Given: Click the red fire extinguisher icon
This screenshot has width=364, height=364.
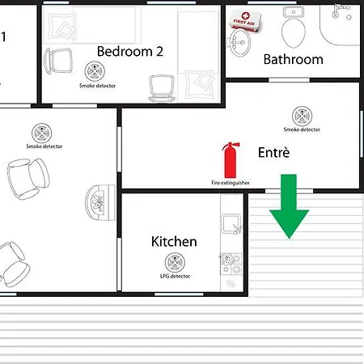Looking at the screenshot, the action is pyautogui.click(x=231, y=159).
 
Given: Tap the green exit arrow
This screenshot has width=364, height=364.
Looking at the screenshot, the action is pyautogui.click(x=289, y=206).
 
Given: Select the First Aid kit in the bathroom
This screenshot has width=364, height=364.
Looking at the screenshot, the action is pyautogui.click(x=245, y=20).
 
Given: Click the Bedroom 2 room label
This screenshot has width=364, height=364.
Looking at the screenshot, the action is pyautogui.click(x=130, y=51).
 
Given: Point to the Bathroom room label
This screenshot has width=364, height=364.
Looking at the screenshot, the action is pyautogui.click(x=293, y=59).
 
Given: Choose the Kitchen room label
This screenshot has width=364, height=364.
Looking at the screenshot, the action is pyautogui.click(x=174, y=241).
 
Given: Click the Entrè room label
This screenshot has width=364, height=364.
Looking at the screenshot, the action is pyautogui.click(x=273, y=152).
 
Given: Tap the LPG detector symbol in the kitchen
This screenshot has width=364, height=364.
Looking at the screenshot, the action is pyautogui.click(x=175, y=262).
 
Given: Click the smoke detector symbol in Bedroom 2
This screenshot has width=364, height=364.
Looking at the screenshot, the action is pyautogui.click(x=95, y=71).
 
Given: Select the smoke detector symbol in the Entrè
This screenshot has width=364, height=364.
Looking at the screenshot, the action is pyautogui.click(x=302, y=116).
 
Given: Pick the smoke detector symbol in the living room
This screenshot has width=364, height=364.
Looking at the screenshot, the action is pyautogui.click(x=42, y=133).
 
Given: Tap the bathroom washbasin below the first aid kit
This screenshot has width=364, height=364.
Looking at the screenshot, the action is pyautogui.click(x=239, y=43).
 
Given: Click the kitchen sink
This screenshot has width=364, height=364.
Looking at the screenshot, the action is pyautogui.click(x=231, y=223).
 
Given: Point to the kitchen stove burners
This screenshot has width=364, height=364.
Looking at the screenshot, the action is pyautogui.click(x=231, y=264).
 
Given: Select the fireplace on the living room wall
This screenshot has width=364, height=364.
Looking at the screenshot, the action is pyautogui.click(x=100, y=202).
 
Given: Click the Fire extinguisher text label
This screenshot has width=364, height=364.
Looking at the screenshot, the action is pyautogui.click(x=231, y=183).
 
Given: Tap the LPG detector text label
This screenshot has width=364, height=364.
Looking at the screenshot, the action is pyautogui.click(x=175, y=276).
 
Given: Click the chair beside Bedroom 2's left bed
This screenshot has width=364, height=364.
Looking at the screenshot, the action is pyautogui.click(x=58, y=61).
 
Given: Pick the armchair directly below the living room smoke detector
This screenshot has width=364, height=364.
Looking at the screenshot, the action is pyautogui.click(x=28, y=178).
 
